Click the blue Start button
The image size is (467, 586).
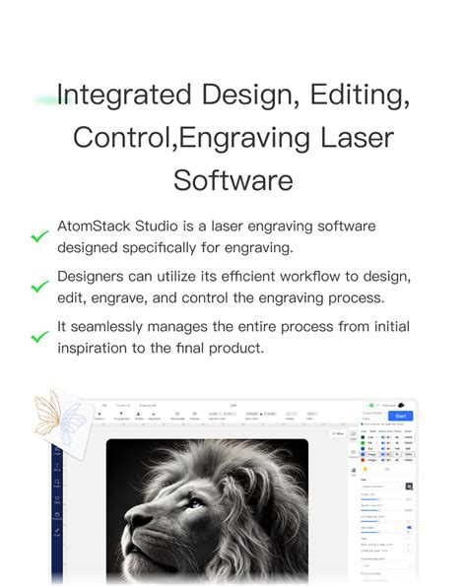click(400, 416)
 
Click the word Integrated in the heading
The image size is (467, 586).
click(123, 96)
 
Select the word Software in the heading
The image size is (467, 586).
click(233, 180)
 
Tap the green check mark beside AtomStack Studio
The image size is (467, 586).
click(39, 237)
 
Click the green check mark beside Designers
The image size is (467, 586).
click(39, 287)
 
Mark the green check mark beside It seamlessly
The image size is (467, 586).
click(39, 336)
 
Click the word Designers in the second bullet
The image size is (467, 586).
click(100, 277)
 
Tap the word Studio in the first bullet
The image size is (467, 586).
click(164, 227)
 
